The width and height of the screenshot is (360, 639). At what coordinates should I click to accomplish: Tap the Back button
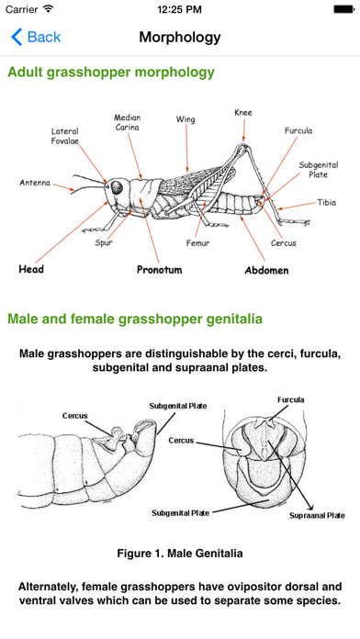(x=36, y=38)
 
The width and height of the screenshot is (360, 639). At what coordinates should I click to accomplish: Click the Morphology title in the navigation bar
(x=180, y=38)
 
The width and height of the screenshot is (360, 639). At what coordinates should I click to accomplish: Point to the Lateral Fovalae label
(x=64, y=137)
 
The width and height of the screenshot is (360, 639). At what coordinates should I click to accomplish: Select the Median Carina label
(x=128, y=123)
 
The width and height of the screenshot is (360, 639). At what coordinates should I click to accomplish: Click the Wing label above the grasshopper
(x=186, y=119)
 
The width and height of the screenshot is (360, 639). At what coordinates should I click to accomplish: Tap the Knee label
(x=242, y=113)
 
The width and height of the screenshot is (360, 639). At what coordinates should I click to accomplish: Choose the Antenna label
(x=35, y=183)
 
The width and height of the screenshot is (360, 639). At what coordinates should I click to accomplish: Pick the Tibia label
(x=327, y=203)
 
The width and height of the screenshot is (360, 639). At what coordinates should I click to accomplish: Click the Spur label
(x=104, y=243)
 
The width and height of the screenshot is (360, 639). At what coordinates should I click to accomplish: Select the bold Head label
(x=31, y=270)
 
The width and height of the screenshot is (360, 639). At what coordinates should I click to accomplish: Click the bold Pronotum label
(x=160, y=271)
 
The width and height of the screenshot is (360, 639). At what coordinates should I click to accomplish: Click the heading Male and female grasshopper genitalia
(x=135, y=319)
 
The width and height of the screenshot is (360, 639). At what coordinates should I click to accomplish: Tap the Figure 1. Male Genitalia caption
(x=180, y=553)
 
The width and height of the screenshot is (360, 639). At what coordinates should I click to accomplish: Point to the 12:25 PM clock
(x=180, y=9)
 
